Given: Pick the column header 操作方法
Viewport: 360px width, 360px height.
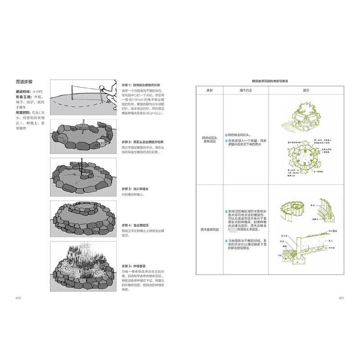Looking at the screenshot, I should (x=245, y=90).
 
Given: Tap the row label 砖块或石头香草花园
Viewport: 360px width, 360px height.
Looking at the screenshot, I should (x=209, y=139).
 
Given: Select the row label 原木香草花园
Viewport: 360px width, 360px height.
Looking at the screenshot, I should (x=209, y=229).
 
